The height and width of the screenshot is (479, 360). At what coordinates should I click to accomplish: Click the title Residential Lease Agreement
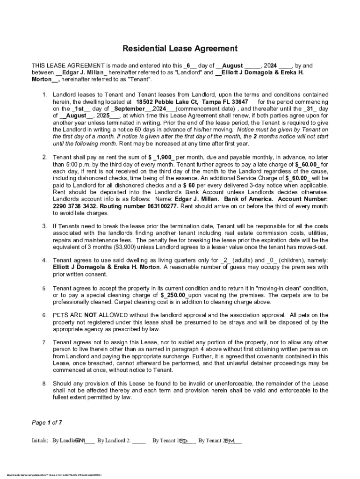point(180,49)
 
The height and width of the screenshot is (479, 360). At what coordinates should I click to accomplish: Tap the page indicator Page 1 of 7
point(47,422)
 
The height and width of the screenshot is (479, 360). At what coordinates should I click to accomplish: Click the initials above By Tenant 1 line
point(184,441)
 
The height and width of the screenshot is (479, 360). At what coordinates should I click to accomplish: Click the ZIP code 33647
point(237,102)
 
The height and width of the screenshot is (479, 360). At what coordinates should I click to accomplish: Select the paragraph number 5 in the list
point(44,289)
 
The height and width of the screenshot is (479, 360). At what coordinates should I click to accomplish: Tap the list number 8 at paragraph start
point(44,384)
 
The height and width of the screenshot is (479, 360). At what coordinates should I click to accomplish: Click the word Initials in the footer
point(40,441)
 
